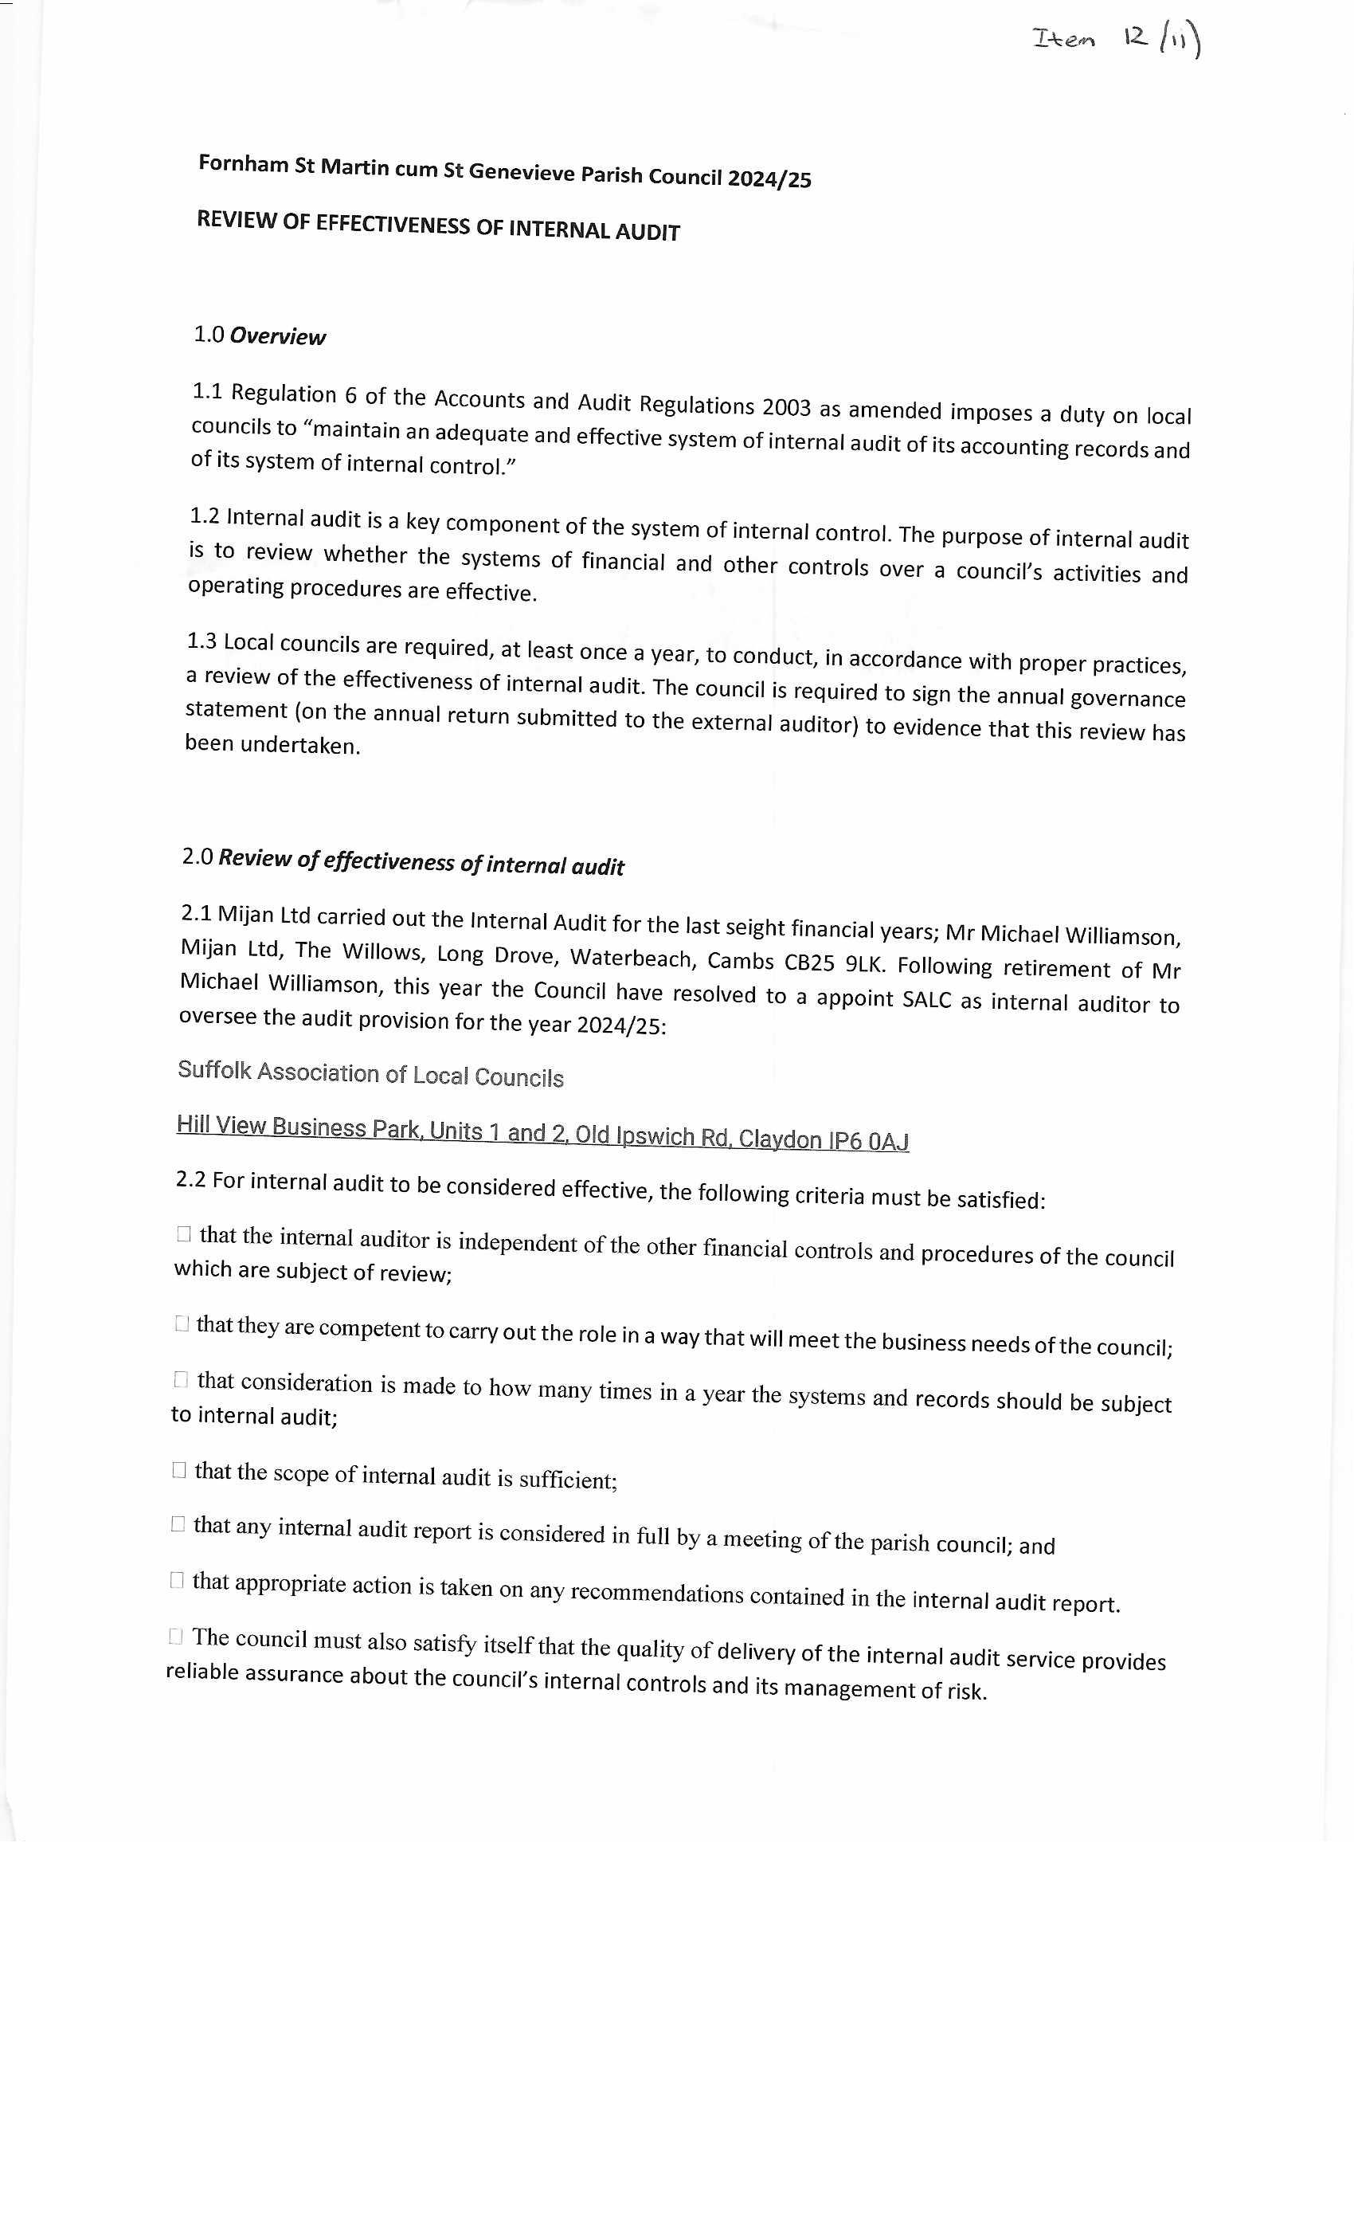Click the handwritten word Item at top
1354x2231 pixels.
pos(1063,39)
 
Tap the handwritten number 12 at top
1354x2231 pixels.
pos(1135,37)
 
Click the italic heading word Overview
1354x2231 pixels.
pos(277,337)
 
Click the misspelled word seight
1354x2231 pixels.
pos(754,926)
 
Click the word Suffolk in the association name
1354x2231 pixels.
pos(214,1070)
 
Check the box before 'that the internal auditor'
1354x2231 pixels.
pos(184,1234)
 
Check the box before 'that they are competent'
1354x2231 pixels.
pos(182,1323)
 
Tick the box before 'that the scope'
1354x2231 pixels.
pos(178,1469)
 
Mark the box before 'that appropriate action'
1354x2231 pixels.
pos(177,1580)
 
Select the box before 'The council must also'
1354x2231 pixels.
pos(175,1636)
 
